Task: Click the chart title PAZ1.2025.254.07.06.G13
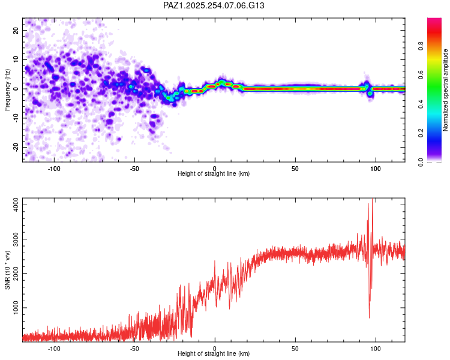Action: (x=214, y=5)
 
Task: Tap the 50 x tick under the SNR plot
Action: (x=295, y=348)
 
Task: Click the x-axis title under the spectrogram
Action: (x=214, y=174)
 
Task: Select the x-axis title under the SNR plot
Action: (x=214, y=355)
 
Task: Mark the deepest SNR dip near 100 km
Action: (x=369, y=317)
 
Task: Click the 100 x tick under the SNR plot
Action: (x=376, y=348)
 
